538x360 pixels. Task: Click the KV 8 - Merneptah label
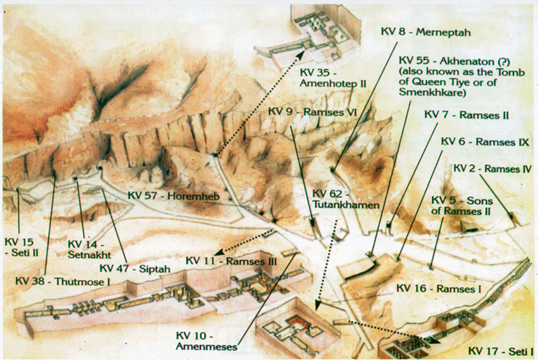coord(425,32)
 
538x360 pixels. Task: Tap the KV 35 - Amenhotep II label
coord(333,78)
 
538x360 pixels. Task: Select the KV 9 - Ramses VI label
coord(313,112)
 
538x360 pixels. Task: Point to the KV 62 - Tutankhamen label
coord(345,199)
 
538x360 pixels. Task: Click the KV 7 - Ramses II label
coord(466,115)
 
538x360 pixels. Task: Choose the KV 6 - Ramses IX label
coord(484,142)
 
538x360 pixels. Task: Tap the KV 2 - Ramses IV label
coord(492,169)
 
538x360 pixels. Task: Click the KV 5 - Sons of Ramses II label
coord(462,206)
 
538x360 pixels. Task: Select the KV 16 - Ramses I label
coord(438,288)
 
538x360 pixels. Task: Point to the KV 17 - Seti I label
coord(501,351)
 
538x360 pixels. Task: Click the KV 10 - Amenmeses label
coord(206,341)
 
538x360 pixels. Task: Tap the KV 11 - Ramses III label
coord(231,261)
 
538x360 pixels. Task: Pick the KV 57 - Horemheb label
coord(173,196)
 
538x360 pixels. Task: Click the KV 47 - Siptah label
coord(134,268)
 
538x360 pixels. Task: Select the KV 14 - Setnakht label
coord(89,249)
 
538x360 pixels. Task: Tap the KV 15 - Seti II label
coord(21,247)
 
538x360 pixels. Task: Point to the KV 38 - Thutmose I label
coord(63,281)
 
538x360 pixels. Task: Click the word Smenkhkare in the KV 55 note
coord(432,92)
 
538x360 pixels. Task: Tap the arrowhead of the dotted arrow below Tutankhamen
coord(317,305)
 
